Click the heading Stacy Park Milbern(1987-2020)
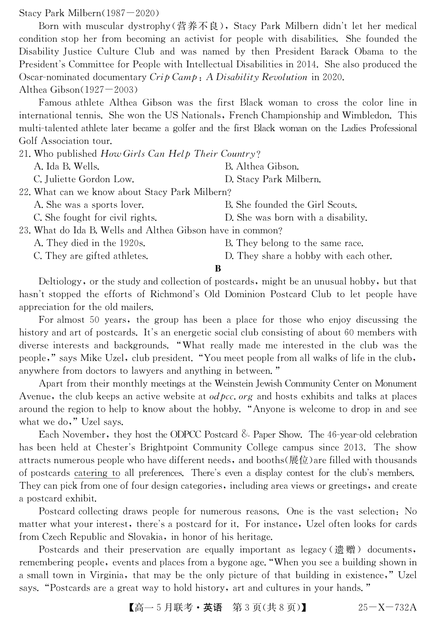[89, 13]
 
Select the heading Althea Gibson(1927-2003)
[78, 90]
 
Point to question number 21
[25, 154]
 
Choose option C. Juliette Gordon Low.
[84, 179]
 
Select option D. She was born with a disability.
[296, 218]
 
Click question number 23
[25, 231]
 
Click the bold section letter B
[218, 269]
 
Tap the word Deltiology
[60, 282]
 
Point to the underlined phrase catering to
[97, 473]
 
